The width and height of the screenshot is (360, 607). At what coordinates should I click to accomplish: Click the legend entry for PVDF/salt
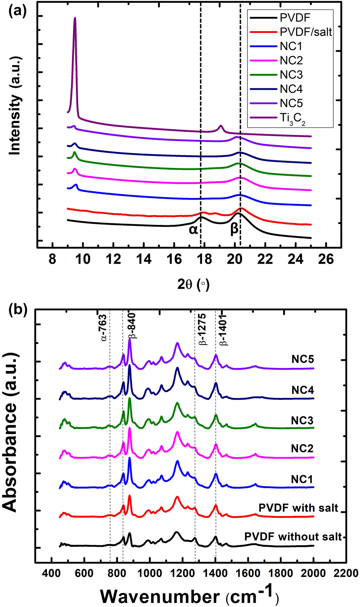click(306, 32)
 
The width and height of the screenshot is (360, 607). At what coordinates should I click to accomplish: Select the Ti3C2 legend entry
click(292, 118)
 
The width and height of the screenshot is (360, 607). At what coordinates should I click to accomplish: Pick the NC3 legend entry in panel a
click(291, 75)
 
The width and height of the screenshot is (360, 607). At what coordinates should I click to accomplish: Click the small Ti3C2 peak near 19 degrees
click(221, 127)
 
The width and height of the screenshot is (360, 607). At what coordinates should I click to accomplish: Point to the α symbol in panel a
click(193, 230)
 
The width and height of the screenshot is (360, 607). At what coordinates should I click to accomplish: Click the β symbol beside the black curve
click(234, 229)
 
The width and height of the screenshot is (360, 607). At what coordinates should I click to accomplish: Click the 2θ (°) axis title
click(193, 285)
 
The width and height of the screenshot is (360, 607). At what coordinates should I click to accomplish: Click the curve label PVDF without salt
click(293, 537)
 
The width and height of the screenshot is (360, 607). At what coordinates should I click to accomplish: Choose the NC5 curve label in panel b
click(302, 359)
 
